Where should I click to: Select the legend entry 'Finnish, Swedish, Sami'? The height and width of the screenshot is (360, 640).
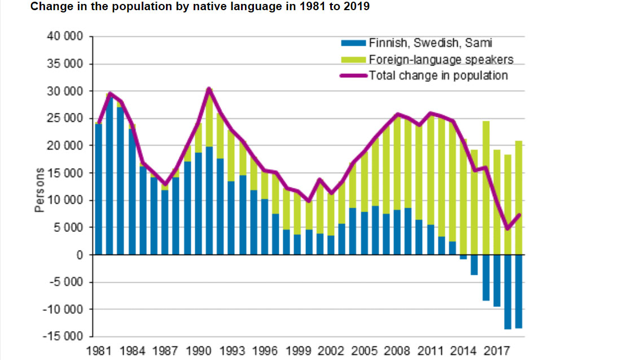(x=432, y=43)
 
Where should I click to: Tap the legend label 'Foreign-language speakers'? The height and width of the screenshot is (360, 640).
(x=440, y=59)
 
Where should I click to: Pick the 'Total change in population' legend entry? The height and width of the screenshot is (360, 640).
(x=438, y=75)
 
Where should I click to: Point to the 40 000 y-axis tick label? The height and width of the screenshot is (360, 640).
(x=65, y=37)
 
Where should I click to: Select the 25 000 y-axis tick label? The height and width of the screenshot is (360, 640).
(x=65, y=118)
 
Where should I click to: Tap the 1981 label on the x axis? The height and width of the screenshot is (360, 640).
(x=98, y=350)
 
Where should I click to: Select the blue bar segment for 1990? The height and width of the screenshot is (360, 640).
(x=198, y=204)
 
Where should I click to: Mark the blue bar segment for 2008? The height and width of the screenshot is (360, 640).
(x=397, y=232)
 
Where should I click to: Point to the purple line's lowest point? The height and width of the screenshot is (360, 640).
(x=507, y=229)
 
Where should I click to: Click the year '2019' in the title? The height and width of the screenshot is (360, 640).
(x=358, y=7)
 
